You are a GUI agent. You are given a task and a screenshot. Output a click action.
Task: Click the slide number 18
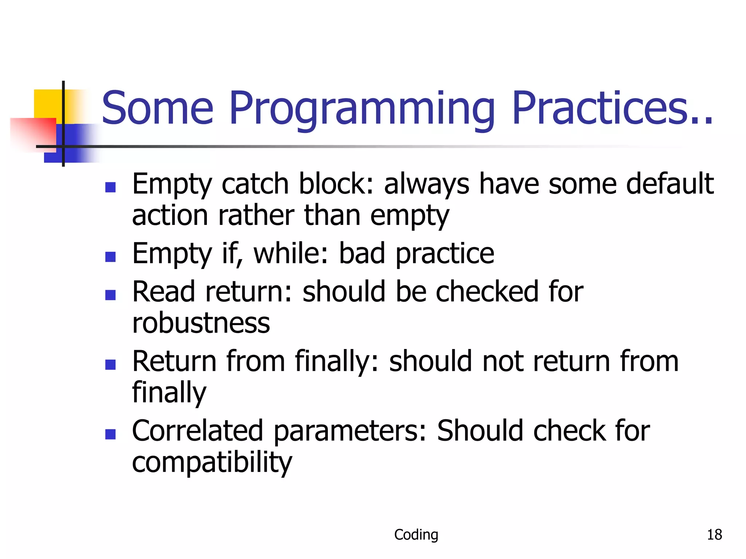tap(714, 535)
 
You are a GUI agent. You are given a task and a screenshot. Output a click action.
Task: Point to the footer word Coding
tap(416, 535)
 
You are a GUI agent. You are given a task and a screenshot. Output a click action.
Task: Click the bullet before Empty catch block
tap(110, 187)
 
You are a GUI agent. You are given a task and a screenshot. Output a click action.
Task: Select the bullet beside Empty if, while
tap(110, 257)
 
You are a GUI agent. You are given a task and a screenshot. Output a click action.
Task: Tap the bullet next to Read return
tap(110, 295)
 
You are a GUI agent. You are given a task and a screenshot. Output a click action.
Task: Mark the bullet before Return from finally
tap(110, 364)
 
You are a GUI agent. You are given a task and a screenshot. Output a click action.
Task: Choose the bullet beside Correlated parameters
tap(110, 434)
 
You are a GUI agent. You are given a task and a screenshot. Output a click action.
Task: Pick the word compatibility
tap(212, 463)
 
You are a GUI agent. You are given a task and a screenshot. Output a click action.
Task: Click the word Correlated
tap(197, 431)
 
